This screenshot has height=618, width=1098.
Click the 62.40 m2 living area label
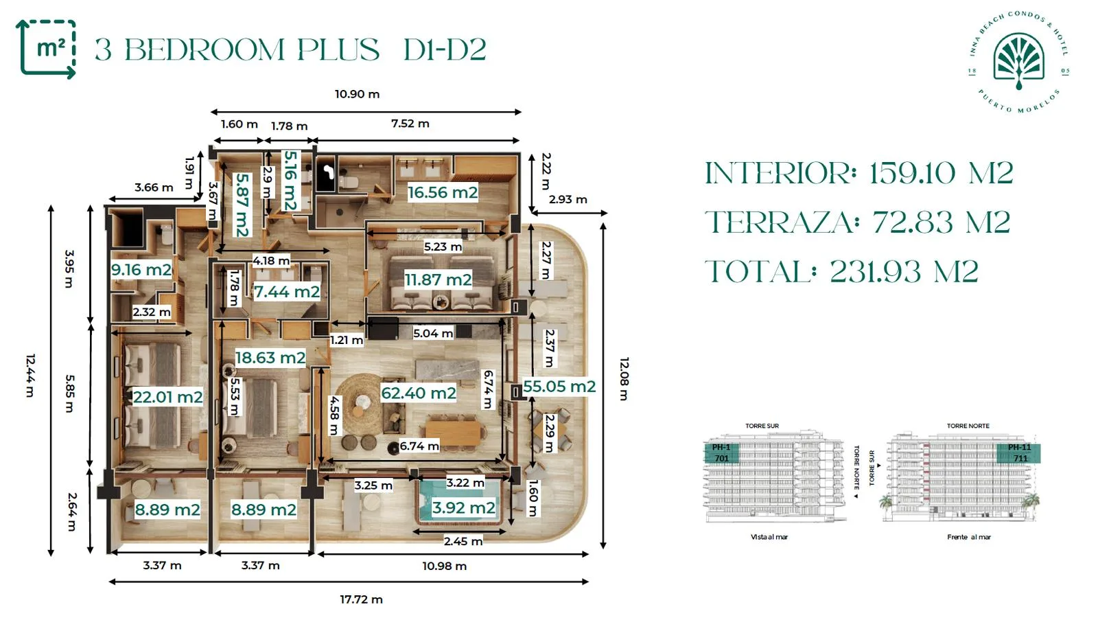[419, 393]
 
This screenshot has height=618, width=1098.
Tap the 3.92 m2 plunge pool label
[463, 507]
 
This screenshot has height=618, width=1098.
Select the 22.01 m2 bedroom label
[167, 397]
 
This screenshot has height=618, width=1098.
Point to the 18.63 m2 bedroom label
[270, 357]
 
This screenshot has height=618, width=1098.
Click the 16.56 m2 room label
[443, 192]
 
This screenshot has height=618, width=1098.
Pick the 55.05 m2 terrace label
[559, 387]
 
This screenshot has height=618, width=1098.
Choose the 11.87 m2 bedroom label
[438, 279]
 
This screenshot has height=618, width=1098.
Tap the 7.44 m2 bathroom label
[287, 292]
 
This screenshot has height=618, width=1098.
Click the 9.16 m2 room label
[141, 269]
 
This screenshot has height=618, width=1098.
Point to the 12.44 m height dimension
[30, 375]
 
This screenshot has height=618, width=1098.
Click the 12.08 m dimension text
[624, 378]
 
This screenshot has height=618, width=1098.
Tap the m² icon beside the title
[47, 49]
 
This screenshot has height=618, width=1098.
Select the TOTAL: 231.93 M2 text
[841, 271]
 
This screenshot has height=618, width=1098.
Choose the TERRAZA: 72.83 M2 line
[858, 222]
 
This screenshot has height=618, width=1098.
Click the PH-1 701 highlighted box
[721, 453]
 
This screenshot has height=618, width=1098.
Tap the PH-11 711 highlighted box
[1018, 453]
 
